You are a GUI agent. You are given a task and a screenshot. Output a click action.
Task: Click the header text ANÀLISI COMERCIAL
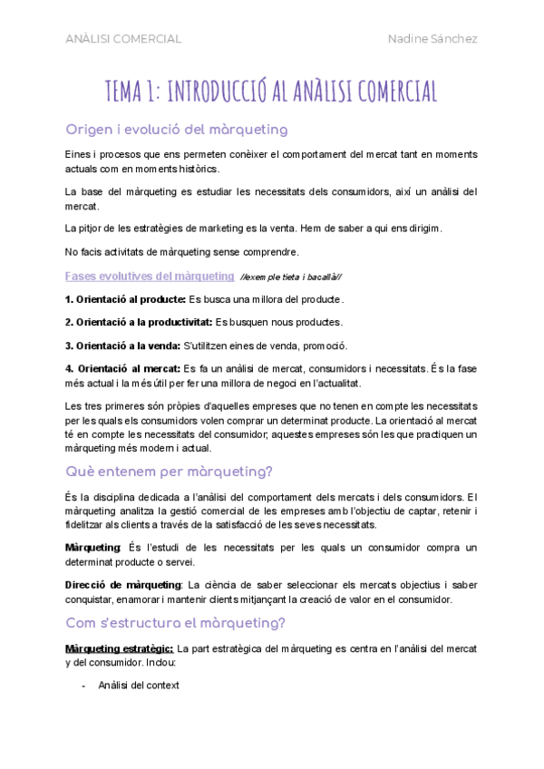click(x=123, y=39)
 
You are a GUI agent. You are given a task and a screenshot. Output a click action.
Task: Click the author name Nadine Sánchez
click(x=432, y=39)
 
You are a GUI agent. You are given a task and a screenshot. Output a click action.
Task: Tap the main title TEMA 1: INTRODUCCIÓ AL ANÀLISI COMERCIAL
click(x=272, y=91)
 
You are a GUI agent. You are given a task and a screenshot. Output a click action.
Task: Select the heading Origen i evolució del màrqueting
click(x=177, y=129)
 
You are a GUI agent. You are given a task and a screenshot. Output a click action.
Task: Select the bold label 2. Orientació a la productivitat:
click(x=139, y=322)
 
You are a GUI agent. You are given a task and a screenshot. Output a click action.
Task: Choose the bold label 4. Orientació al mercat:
click(x=122, y=368)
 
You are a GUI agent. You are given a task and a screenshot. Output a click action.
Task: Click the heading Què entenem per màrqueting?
click(x=170, y=472)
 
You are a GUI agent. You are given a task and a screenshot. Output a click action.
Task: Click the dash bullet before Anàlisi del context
click(x=84, y=686)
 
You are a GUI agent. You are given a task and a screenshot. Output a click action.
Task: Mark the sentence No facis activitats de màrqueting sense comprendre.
click(x=181, y=251)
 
